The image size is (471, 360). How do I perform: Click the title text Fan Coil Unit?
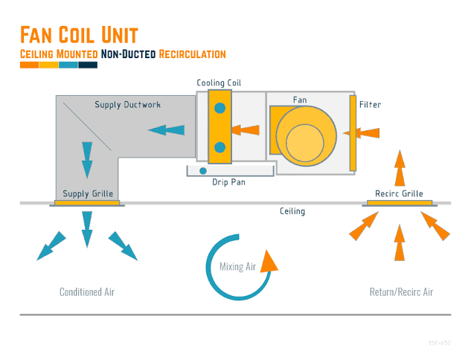coord(78,35)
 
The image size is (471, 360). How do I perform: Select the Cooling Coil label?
coord(219,83)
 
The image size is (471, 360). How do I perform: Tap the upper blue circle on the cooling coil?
coord(220,109)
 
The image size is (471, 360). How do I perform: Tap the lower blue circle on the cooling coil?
coord(220,147)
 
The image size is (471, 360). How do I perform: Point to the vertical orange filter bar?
coord(353,132)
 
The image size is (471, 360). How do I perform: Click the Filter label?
coord(370,105)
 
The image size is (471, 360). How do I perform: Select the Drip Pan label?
coord(228,181)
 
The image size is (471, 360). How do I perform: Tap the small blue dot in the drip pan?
coord(202,170)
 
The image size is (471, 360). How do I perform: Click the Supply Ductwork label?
coord(127,105)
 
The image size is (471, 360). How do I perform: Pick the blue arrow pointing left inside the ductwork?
coord(166,130)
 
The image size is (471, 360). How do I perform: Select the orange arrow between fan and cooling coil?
coord(246,130)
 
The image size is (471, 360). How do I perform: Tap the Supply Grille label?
coord(88,194)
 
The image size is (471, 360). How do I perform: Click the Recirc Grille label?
coord(400,194)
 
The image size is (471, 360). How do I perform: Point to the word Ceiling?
coord(292,211)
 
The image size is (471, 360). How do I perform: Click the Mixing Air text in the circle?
coord(237,267)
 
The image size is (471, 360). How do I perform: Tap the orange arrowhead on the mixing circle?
coord(269,260)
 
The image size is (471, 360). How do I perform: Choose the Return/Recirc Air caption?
coord(401,292)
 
